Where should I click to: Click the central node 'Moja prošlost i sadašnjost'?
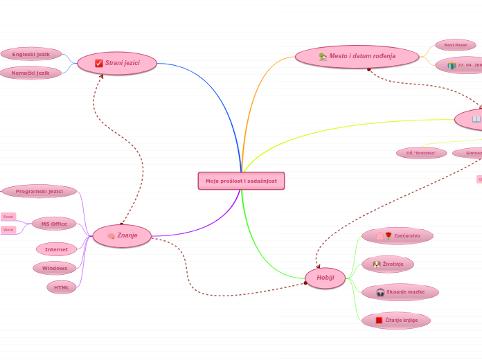pos(241,181)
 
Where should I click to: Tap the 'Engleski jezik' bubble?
pos(31,53)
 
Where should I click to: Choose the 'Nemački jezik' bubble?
pos(30,73)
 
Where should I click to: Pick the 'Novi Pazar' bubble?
pos(456,45)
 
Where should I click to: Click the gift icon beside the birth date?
pos(452,66)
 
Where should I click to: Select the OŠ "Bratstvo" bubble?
pos(421,153)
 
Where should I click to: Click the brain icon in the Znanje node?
pos(111,236)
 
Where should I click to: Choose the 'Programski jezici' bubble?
pos(39,191)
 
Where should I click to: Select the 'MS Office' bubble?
pos(54,224)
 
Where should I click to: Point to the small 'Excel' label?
pos(8,217)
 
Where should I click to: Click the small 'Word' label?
pos(8,230)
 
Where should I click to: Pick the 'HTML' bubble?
pos(62,287)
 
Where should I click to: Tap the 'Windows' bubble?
pos(55,268)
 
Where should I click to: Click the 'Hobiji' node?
pos(325,278)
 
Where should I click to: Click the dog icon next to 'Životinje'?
pos(376,264)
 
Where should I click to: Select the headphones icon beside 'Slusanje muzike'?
pos(380,292)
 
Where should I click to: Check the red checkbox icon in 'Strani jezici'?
pos(99,63)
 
